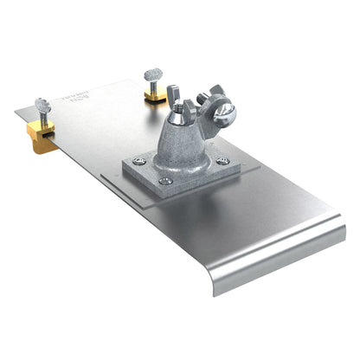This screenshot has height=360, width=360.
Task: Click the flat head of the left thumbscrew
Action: tap(42, 103)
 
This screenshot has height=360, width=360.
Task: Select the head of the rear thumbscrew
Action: tap(153, 74)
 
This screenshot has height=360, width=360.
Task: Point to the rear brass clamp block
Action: tap(156, 96)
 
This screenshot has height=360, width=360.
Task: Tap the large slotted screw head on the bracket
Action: tap(225, 113)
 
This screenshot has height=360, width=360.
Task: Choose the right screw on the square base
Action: tap(222, 161)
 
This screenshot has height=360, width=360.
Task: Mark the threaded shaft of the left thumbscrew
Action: tap(43, 117)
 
